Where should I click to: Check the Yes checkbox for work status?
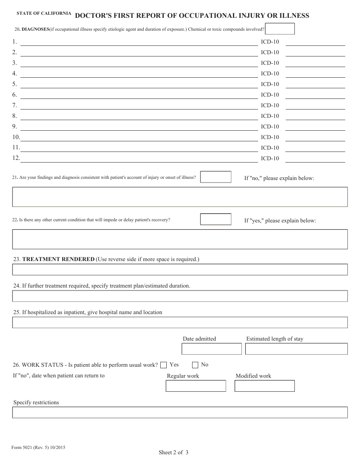coord(164,365)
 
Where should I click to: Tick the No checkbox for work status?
coord(195,365)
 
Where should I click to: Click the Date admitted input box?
coord(211,349)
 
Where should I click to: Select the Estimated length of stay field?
coord(296,349)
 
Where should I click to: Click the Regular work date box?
coord(196,386)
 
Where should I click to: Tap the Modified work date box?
coord(265,386)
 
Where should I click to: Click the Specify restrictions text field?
coord(180,412)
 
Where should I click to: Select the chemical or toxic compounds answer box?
coord(280,29)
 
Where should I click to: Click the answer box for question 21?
coord(216,177)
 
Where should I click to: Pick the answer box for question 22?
coord(216,219)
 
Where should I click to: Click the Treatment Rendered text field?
coord(180,269)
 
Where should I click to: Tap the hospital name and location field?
coord(180,322)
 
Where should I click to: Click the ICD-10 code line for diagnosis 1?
coord(315,42)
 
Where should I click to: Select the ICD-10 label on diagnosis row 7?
coord(270,105)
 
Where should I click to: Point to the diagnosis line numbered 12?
coord(139,158)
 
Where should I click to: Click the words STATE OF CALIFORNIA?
coord(44,13)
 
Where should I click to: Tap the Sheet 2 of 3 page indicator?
coord(174,452)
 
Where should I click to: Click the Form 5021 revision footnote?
coord(38,447)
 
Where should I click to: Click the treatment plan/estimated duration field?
coord(180,296)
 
